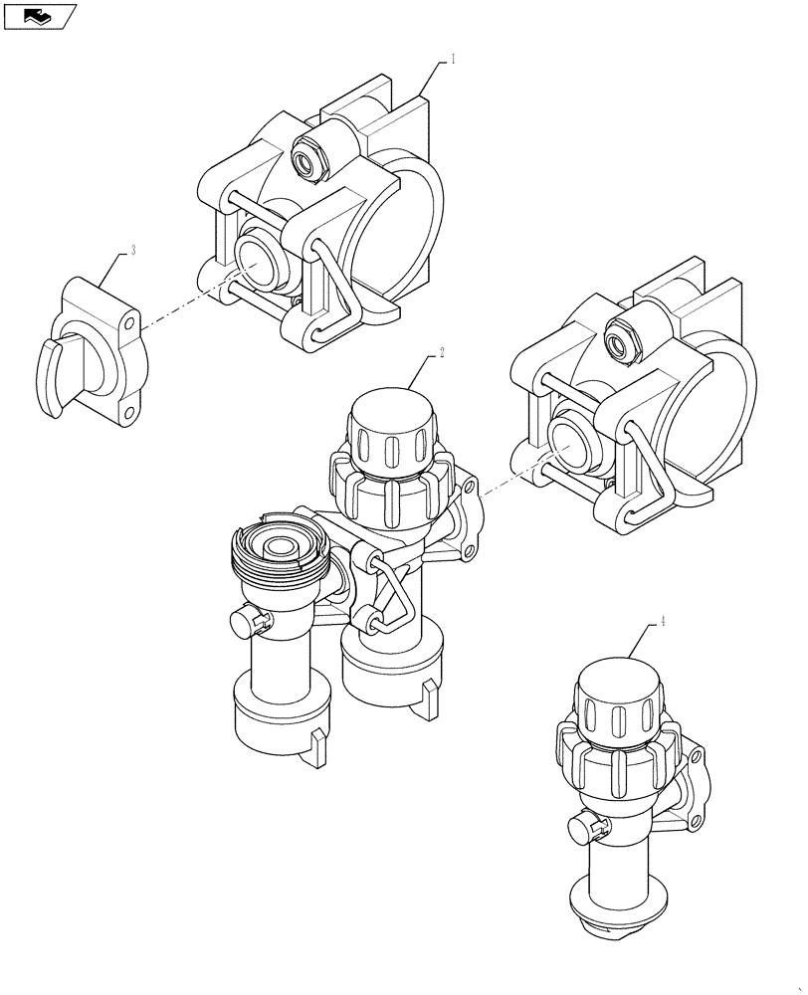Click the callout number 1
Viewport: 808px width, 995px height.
453,60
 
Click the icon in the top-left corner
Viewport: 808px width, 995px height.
40,15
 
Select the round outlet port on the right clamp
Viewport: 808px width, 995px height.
570,445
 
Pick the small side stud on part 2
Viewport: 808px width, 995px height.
243,622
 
